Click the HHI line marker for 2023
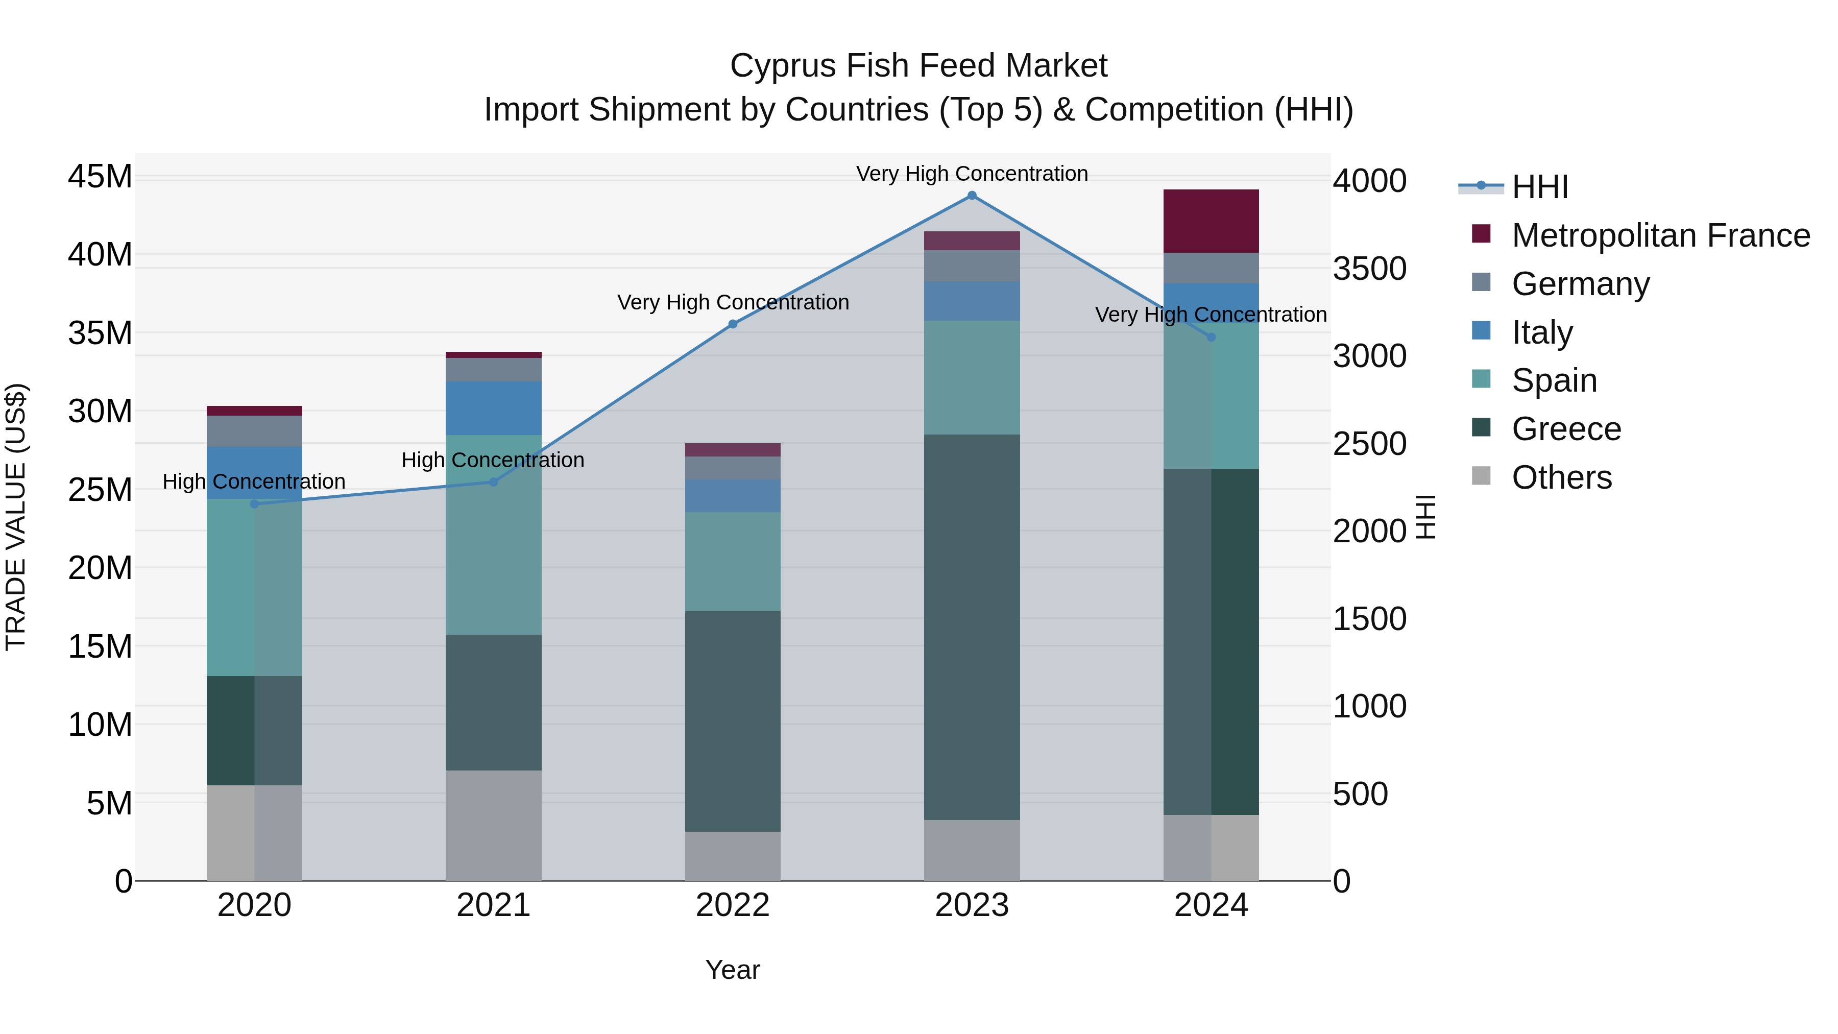tap(971, 196)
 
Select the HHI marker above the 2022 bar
tap(732, 324)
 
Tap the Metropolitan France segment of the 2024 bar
tap(1211, 221)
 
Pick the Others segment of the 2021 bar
tap(493, 825)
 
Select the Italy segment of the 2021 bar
tap(493, 408)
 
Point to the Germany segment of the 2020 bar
tap(254, 431)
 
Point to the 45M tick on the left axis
tap(100, 176)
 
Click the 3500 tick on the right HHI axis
tap(1369, 269)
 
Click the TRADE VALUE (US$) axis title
tap(16, 517)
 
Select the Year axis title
tap(732, 970)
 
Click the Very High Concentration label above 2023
tap(971, 174)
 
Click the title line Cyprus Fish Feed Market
tap(918, 66)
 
